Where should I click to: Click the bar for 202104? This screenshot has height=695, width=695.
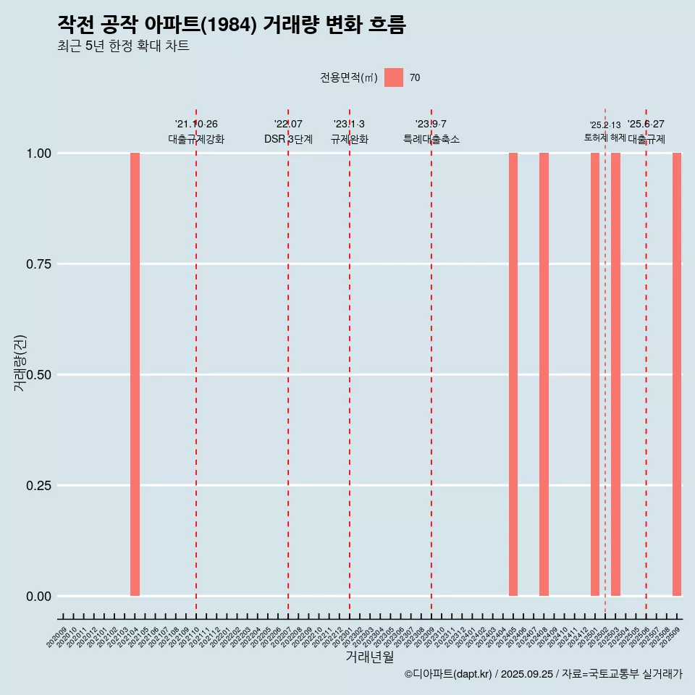click(x=135, y=374)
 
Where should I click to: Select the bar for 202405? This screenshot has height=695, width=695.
click(x=513, y=374)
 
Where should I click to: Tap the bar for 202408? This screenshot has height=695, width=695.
click(x=544, y=374)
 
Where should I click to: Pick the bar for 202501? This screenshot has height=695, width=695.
click(x=595, y=374)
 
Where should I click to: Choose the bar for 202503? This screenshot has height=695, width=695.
click(x=615, y=374)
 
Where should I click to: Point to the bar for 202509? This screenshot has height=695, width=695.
click(x=677, y=374)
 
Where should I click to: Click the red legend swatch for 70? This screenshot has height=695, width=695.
click(x=394, y=77)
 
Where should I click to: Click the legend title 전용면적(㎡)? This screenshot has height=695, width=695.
click(x=349, y=77)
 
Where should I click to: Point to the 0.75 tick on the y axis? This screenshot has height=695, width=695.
click(x=39, y=264)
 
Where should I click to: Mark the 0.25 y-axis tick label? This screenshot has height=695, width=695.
click(x=39, y=485)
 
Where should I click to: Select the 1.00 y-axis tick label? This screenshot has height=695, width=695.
click(x=39, y=153)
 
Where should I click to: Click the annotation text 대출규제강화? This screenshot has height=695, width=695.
click(x=196, y=139)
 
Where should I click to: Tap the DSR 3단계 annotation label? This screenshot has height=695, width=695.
click(x=288, y=139)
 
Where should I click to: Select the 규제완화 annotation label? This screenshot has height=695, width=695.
click(x=350, y=139)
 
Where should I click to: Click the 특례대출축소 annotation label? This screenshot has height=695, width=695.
click(x=431, y=139)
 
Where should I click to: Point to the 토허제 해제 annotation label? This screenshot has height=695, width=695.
click(x=605, y=138)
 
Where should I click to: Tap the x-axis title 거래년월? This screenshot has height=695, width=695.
click(x=369, y=657)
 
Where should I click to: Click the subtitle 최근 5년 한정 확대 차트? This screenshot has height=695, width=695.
click(x=123, y=46)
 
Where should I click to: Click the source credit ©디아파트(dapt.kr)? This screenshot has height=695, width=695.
click(x=448, y=674)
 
